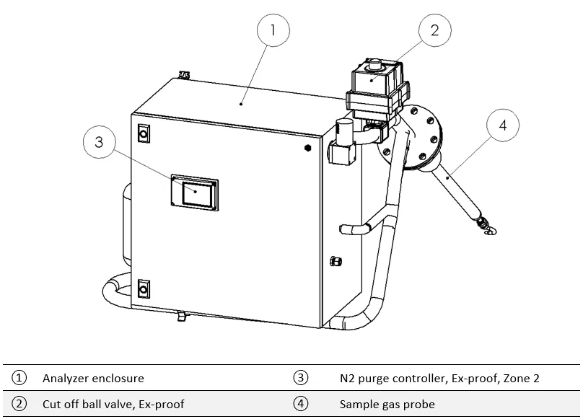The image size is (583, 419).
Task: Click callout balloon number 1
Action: tap(273, 31)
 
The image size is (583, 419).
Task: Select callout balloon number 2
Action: tap(434, 30)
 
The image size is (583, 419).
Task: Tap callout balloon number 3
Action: tap(99, 142)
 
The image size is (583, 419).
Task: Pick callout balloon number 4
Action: tap(503, 125)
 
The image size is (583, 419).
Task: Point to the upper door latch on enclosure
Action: tap(142, 133)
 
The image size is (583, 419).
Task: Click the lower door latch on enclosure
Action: tap(142, 288)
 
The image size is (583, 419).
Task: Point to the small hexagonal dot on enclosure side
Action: tap(308, 147)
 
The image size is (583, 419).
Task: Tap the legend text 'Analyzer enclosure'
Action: tap(93, 378)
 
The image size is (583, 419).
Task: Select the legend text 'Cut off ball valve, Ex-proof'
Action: tap(113, 404)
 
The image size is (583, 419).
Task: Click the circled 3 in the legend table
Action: tap(301, 378)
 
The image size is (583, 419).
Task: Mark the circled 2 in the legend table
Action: tap(19, 404)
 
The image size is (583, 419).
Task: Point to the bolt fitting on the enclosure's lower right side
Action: tap(334, 260)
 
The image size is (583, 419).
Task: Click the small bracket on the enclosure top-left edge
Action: tap(184, 74)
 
